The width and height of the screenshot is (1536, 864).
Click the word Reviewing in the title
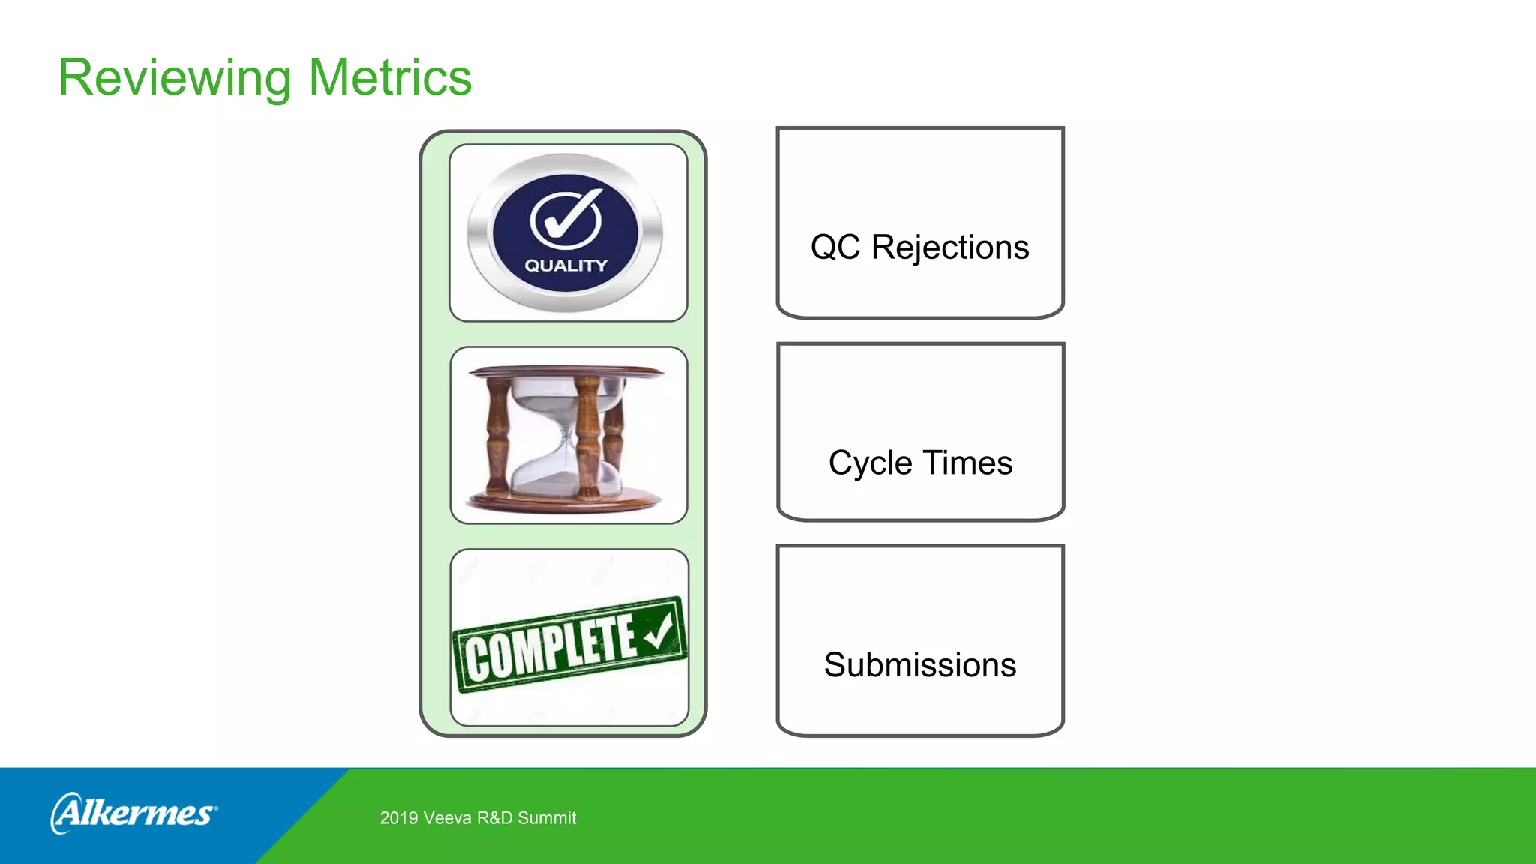click(x=175, y=78)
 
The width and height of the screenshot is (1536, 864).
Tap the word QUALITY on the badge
click(x=565, y=265)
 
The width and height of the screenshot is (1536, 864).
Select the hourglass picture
click(x=568, y=435)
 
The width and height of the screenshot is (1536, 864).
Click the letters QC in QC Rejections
click(x=835, y=247)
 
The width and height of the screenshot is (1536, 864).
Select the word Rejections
click(x=950, y=247)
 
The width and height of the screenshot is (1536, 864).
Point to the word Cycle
click(x=870, y=463)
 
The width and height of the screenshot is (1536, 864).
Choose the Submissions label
click(x=920, y=665)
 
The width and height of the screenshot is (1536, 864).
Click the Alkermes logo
click(x=134, y=813)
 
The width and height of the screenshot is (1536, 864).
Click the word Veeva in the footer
click(x=448, y=818)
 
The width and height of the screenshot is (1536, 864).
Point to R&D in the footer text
click(x=495, y=818)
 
